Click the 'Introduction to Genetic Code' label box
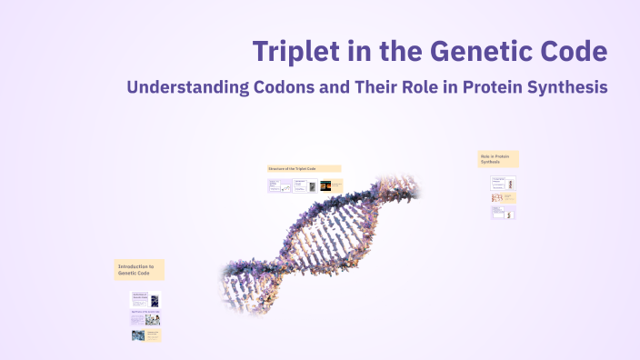(x=139, y=269)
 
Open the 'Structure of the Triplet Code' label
(x=304, y=168)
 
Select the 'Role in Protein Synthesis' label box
(x=498, y=159)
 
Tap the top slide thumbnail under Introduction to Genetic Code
(x=145, y=299)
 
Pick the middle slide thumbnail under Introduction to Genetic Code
(x=145, y=319)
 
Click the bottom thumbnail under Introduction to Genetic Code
(x=145, y=335)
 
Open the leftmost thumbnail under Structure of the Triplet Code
(x=279, y=185)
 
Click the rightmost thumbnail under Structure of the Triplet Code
(x=331, y=185)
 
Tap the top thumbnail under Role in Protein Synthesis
(x=504, y=182)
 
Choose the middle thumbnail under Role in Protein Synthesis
(x=504, y=197)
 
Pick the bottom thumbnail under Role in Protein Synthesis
(x=504, y=213)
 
